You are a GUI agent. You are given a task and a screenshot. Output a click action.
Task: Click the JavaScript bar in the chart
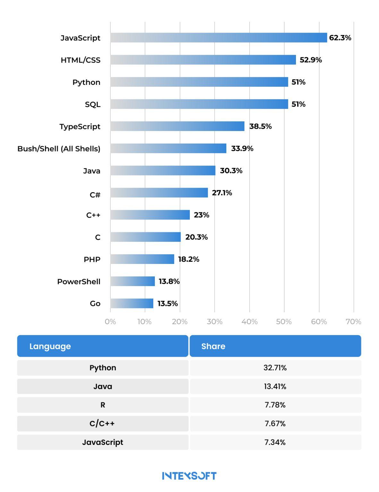pos(218,37)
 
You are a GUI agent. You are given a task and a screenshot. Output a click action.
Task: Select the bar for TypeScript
pos(177,126)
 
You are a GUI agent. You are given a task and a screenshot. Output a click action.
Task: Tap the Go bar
pos(131,303)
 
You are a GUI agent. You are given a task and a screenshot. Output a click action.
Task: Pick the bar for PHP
pos(142,259)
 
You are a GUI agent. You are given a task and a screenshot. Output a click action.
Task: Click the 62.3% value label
pos(340,38)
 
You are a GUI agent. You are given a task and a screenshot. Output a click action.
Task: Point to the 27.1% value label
pos(222,193)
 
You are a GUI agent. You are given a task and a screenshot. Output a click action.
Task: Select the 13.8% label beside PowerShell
pos(169,281)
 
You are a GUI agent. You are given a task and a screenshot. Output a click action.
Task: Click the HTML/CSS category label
pos(80,60)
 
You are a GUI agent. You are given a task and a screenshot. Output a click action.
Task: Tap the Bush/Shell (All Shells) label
pos(59,149)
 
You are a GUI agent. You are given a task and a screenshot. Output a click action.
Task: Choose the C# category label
pos(95,195)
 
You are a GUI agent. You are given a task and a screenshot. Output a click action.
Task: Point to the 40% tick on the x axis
pos(249,322)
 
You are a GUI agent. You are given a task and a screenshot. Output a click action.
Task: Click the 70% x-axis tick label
pos(353,322)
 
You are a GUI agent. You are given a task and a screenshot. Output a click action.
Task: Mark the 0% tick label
pos(110,322)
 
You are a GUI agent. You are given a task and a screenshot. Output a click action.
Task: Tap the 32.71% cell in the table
pos(275,368)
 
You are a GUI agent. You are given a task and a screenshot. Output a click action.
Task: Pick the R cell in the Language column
pos(103,405)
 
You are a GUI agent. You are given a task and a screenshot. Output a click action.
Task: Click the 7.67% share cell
pos(275,423)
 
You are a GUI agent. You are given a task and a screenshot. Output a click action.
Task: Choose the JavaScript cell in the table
pos(103,442)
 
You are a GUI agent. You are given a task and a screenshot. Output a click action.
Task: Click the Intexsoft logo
pos(189,476)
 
